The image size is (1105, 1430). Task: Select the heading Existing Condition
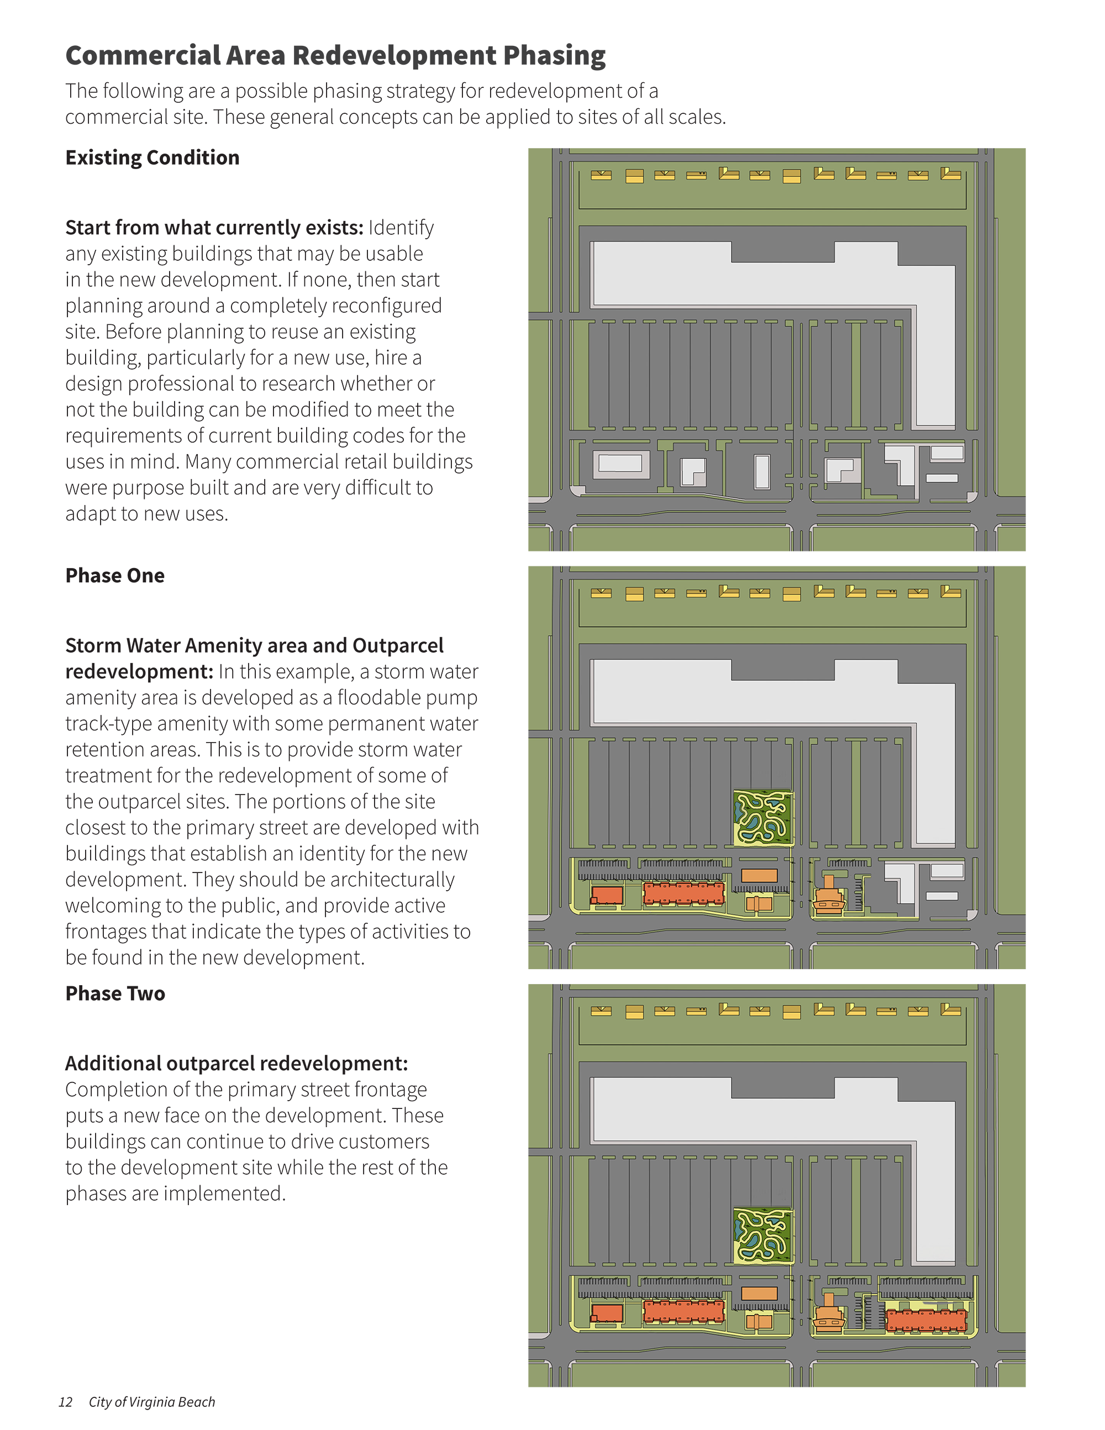pos(152,158)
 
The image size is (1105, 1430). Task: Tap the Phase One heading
pos(115,576)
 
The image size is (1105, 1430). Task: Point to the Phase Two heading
pos(115,993)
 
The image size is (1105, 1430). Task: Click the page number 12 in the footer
pos(65,1402)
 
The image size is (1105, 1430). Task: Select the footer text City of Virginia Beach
pos(152,1402)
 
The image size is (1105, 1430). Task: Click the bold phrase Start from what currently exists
pos(214,228)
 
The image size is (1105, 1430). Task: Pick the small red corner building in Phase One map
pos(607,895)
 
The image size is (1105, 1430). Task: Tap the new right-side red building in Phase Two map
pos(925,1320)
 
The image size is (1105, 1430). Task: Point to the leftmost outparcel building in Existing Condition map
pos(620,464)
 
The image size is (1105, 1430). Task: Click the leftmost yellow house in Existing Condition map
pos(601,176)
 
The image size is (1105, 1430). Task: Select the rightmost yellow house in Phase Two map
pos(950,1010)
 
